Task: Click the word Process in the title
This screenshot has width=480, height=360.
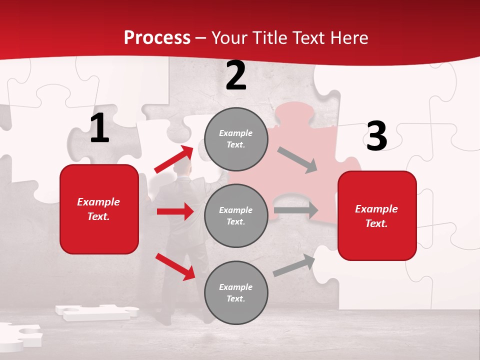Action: pos(157,38)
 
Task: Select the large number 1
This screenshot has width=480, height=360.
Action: pos(99,128)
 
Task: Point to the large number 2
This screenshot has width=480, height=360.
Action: pos(236,75)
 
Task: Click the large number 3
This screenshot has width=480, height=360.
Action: pos(376,136)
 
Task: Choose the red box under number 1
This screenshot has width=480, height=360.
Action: pos(99,209)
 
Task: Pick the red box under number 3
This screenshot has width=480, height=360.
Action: pos(377,215)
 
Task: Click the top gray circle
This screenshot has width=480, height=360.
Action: pos(236,139)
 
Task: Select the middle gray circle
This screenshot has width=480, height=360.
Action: pos(236,215)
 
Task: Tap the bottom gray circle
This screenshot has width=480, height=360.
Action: pos(236,292)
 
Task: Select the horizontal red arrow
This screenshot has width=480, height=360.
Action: pos(175,211)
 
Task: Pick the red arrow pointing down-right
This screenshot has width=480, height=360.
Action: pos(175,266)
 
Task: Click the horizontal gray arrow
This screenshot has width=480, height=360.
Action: pos(296,210)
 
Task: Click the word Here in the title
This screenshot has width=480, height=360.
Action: pos(348,38)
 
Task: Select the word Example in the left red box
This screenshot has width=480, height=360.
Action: pos(98,202)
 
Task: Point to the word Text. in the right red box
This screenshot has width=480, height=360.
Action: pos(376,223)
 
